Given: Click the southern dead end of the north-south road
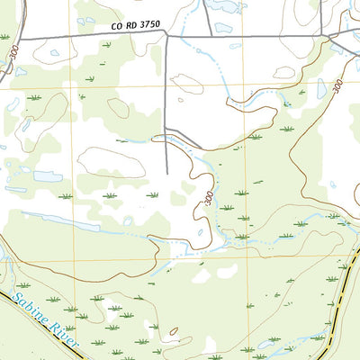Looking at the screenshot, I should pos(167,174).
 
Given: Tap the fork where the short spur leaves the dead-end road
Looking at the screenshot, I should pos(167,132).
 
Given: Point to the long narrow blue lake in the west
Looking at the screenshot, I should pos(59,219).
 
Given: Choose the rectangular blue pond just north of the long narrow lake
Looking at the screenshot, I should pos(47,176).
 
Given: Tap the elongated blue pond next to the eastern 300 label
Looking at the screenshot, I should pos(321,88).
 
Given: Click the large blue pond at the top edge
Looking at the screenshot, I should pos(224,5).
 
